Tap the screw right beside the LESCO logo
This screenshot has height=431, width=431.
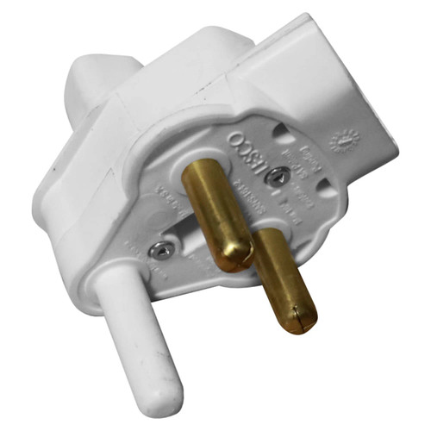coord(275,176)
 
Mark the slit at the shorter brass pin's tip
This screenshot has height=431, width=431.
coord(299,324)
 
